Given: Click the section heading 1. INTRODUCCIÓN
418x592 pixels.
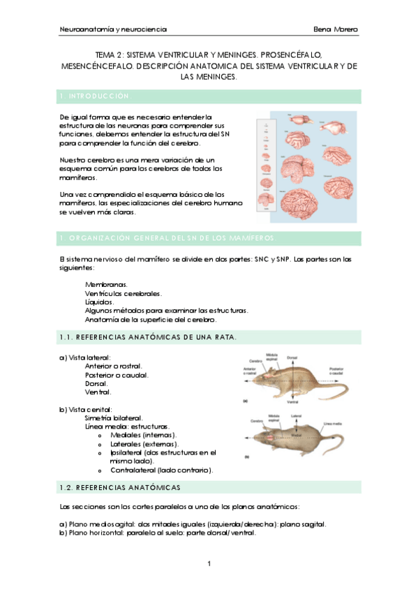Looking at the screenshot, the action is pyautogui.click(x=95, y=96).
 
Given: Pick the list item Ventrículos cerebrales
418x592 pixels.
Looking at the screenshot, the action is pyautogui.click(x=123, y=294).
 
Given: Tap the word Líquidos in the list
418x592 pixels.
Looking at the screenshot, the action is pyautogui.click(x=99, y=302).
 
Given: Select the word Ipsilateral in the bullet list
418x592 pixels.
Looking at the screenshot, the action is pyautogui.click(x=126, y=452).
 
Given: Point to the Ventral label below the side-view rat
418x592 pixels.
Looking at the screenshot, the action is pyautogui.click(x=293, y=403).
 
